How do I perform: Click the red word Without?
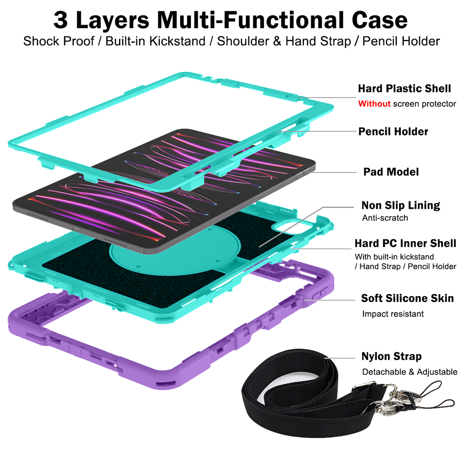[x=374, y=104]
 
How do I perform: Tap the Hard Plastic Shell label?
[x=404, y=88]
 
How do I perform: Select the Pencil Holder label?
[x=393, y=132]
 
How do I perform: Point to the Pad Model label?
[x=391, y=172]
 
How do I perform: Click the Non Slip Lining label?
[x=401, y=205]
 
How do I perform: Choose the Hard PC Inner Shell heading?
[x=405, y=243]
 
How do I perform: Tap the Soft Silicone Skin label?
[x=407, y=298]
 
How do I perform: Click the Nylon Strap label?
[x=391, y=356]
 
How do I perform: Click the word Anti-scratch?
[x=385, y=218]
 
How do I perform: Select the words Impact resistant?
[x=393, y=314]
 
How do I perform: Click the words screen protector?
[x=424, y=104]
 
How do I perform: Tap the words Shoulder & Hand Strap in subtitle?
[x=284, y=41]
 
